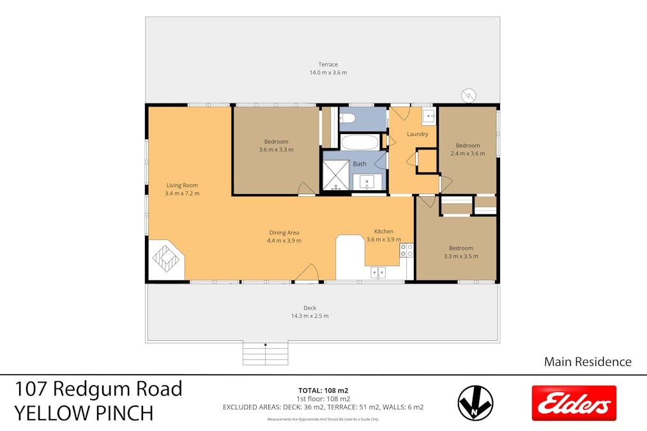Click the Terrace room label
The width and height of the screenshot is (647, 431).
pyautogui.click(x=328, y=64)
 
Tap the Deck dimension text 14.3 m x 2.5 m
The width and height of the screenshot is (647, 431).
pyautogui.click(x=310, y=316)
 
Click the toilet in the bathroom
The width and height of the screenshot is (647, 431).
pyautogui.click(x=346, y=118)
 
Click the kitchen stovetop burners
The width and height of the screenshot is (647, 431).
pyautogui.click(x=406, y=250)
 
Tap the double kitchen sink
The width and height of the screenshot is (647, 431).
pyautogui.click(x=378, y=273)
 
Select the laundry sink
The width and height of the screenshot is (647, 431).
pyautogui.click(x=429, y=116)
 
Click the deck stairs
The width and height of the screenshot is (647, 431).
pyautogui.click(x=265, y=353)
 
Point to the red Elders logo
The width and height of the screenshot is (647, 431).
pyautogui.click(x=574, y=403)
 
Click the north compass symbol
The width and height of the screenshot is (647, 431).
pyautogui.click(x=475, y=404)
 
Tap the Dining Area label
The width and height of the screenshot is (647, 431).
pyautogui.click(x=284, y=233)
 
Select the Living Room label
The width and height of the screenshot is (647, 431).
pyautogui.click(x=182, y=186)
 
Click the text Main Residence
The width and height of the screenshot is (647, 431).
pyautogui.click(x=588, y=362)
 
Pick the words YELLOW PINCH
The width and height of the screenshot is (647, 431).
pyautogui.click(x=84, y=413)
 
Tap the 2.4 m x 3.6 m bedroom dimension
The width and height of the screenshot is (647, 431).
pyautogui.click(x=468, y=153)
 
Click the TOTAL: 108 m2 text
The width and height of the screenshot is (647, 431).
pyautogui.click(x=323, y=390)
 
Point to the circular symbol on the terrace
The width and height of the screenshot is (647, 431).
pyautogui.click(x=469, y=96)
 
